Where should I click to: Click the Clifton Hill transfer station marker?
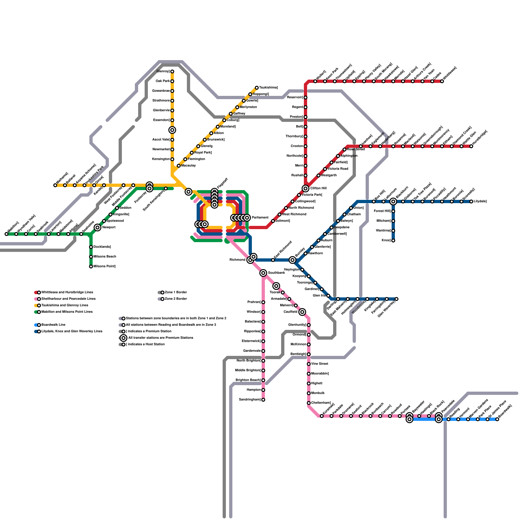click(305, 188)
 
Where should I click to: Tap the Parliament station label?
click(260, 218)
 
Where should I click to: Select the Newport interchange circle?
click(97, 227)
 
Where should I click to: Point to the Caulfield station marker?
click(302, 312)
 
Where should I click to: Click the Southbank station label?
click(276, 273)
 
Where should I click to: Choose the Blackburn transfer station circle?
click(393, 201)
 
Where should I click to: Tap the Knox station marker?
click(393, 240)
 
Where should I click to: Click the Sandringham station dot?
click(263, 400)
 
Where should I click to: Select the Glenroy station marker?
click(172, 71)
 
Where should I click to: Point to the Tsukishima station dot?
click(257, 88)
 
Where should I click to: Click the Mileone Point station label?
click(104, 266)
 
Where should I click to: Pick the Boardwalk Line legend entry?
click(53, 325)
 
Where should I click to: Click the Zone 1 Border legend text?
click(176, 292)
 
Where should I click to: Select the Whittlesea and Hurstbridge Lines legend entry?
click(67, 292)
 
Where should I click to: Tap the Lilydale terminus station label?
click(480, 201)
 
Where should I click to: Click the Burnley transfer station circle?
click(292, 260)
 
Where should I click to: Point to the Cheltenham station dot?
click(309, 403)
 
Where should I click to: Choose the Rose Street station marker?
click(344, 149)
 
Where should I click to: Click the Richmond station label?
click(237, 260)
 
